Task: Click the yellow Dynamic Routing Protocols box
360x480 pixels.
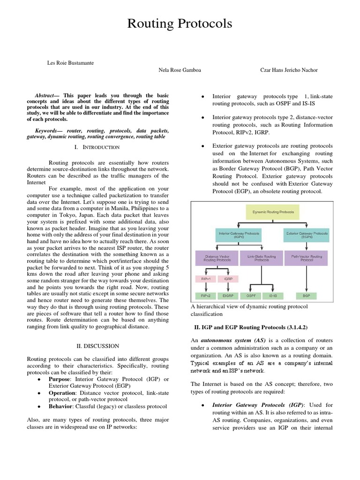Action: pos(274,212)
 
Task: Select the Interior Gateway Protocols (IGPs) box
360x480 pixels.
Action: pos(239,234)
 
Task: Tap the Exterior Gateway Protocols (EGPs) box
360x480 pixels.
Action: pos(307,234)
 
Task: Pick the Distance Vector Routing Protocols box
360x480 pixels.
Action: pos(216,258)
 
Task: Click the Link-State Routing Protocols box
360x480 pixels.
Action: pos(261,258)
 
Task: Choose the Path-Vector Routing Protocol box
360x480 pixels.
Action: pos(307,258)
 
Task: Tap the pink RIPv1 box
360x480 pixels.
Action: pos(205,279)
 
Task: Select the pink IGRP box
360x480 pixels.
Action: pos(228,279)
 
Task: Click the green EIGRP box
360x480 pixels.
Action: pos(228,296)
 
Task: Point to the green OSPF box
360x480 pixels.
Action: pos(250,296)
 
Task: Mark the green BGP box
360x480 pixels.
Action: pos(307,296)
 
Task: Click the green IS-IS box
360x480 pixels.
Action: pos(273,296)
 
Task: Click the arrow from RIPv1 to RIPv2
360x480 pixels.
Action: pos(205,287)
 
